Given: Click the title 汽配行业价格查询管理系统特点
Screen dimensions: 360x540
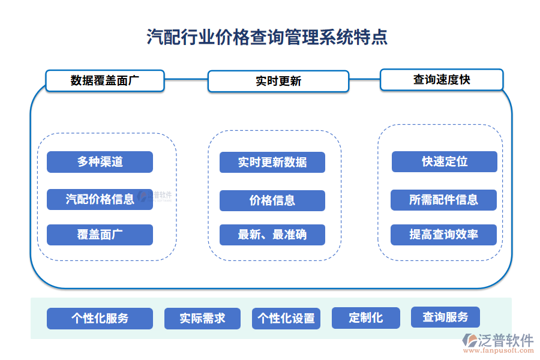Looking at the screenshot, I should [x=268, y=37].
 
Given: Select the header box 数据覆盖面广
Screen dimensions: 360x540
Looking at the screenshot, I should [x=105, y=80].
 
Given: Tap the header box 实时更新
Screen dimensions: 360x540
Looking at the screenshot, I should [x=278, y=81].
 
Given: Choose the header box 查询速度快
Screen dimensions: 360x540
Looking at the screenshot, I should [x=441, y=79].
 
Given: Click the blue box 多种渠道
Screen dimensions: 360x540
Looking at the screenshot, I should [x=100, y=162].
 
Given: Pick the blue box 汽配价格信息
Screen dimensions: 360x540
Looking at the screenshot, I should [x=100, y=199].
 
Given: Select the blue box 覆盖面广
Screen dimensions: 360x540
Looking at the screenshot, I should [x=100, y=235].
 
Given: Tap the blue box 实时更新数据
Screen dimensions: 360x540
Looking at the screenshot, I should [x=272, y=162].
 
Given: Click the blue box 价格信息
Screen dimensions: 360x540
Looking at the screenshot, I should [x=272, y=200].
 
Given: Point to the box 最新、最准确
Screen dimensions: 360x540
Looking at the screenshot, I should [x=272, y=235].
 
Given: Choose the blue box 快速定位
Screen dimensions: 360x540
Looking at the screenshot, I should [x=444, y=161].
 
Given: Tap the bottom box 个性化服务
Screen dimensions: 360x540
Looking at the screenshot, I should [x=100, y=319].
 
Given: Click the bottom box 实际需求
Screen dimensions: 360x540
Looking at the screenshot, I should [x=202, y=319].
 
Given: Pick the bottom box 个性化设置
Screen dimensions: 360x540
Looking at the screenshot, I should [x=286, y=319].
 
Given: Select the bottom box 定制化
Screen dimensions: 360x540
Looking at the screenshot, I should [x=365, y=317].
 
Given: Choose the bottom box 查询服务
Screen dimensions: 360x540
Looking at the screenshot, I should [x=445, y=317].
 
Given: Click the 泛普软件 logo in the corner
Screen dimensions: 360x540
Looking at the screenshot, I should [x=497, y=341].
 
